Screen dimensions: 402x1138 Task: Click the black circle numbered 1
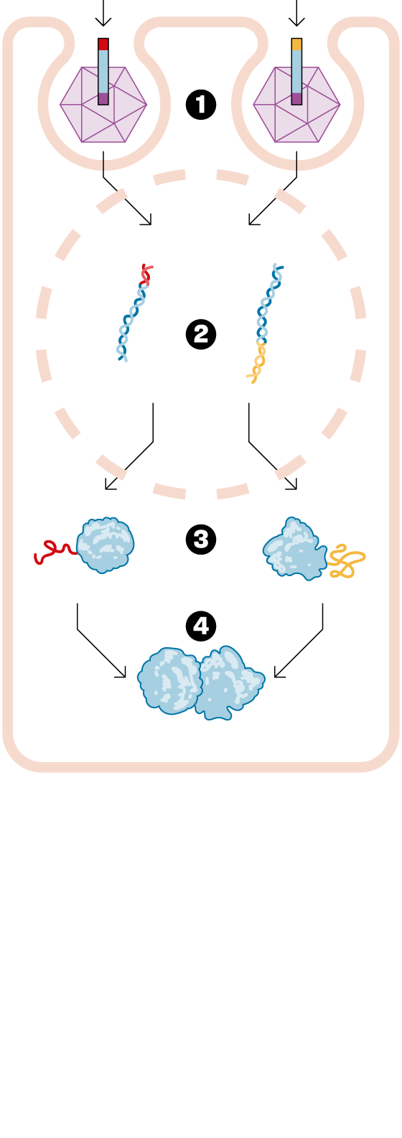[x=201, y=105]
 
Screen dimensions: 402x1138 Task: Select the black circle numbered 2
[x=201, y=334]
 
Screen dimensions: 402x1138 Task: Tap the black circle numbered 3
[x=201, y=539]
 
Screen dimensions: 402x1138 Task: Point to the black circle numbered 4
[x=201, y=626]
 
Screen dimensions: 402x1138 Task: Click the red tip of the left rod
[x=103, y=44]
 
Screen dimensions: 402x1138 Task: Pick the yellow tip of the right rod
[x=296, y=44]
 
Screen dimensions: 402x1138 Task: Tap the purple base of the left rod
[x=103, y=98]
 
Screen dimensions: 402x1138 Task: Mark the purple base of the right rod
[x=296, y=98]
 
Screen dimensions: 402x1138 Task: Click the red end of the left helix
[x=146, y=274]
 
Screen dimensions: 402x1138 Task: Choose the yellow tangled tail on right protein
[x=345, y=561]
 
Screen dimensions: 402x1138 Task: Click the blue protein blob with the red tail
[x=106, y=545]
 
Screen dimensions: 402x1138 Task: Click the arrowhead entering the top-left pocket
[x=103, y=22]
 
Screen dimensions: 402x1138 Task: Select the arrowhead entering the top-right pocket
[x=296, y=22]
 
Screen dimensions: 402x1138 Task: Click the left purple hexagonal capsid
[x=103, y=105]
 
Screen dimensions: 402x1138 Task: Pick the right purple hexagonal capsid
[x=296, y=105]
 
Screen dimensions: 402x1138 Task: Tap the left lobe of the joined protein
[x=169, y=681]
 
